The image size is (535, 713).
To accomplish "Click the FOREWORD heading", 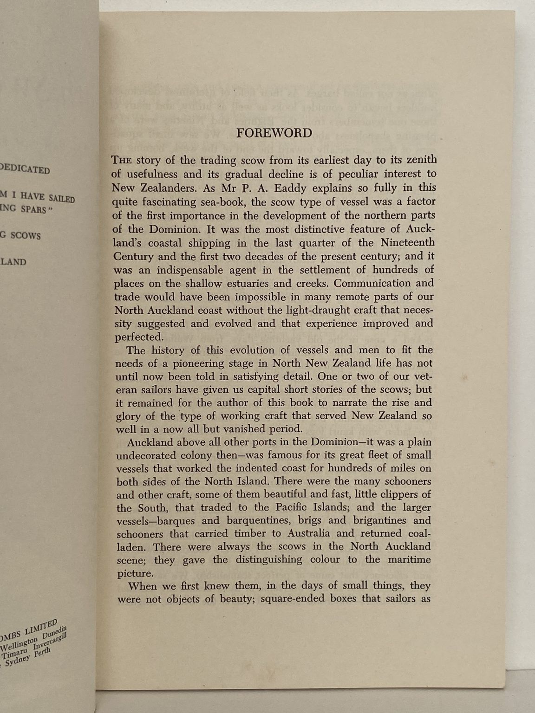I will pyautogui.click(x=274, y=133).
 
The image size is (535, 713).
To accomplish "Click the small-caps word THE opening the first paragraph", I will pyautogui.click(x=122, y=161).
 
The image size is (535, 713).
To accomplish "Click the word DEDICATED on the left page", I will pyautogui.click(x=26, y=169).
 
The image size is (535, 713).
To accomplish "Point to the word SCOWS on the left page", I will pyautogui.click(x=26, y=235).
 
